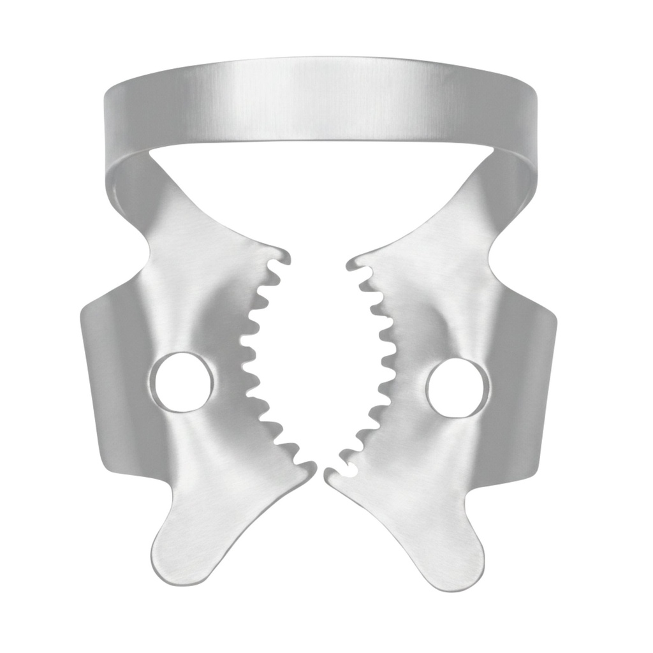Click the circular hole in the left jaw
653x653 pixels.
(x=183, y=381)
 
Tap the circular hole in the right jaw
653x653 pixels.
(x=458, y=388)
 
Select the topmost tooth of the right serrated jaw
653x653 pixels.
(x=356, y=261)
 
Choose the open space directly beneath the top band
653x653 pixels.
(x=319, y=191)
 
